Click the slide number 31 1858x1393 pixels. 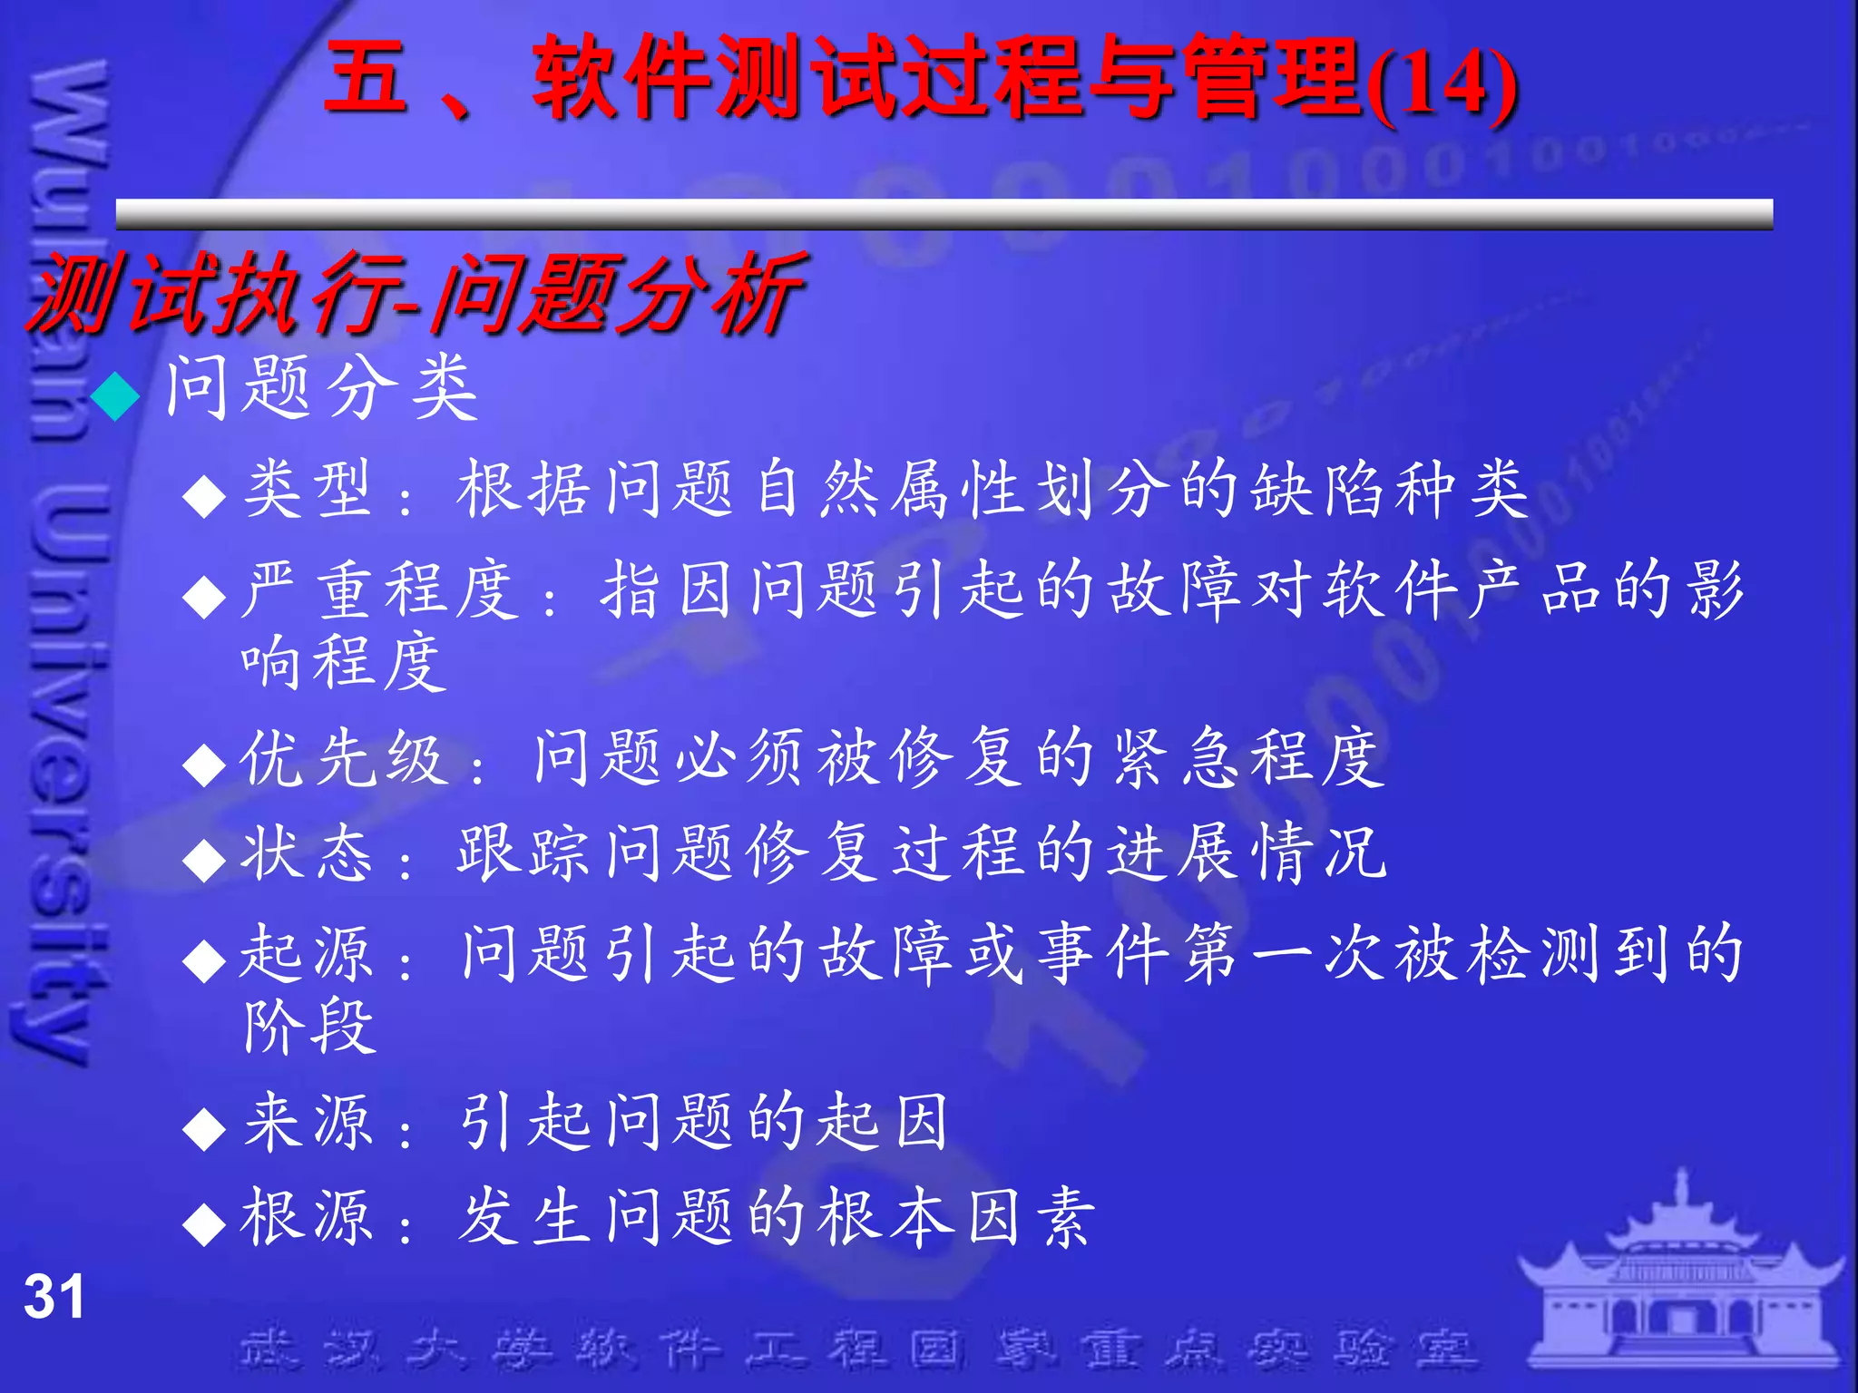tap(54, 1296)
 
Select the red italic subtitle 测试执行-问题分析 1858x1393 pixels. tap(416, 292)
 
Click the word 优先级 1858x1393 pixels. tap(344, 758)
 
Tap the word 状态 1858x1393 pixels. tap(307, 853)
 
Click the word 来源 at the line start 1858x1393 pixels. tap(307, 1121)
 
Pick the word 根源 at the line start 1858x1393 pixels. tap(307, 1217)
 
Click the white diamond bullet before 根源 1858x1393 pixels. tap(203, 1224)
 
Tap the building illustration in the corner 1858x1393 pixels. tap(1681, 1279)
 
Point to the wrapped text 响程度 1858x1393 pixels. tap(344, 663)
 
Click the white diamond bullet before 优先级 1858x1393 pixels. tap(203, 765)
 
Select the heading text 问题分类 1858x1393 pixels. tap(321, 388)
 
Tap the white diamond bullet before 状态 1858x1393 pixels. tap(203, 860)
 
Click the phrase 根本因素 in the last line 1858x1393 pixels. tap(956, 1217)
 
